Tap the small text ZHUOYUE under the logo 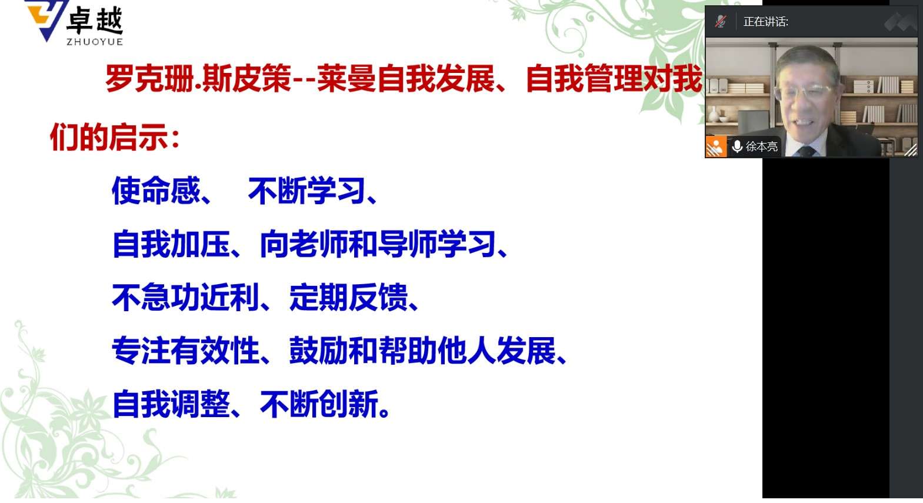(95, 42)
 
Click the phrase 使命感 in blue (156, 191)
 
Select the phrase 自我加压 (171, 244)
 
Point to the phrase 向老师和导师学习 (378, 244)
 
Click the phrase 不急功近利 (186, 297)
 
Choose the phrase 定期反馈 (349, 297)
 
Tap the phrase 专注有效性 (186, 350)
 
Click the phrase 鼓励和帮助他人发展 (423, 350)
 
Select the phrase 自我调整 (171, 404)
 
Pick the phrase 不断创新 (319, 404)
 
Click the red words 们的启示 (109, 136)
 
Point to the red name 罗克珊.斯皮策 (198, 78)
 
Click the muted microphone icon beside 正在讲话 (720, 21)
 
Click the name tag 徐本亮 (761, 146)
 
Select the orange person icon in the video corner (716, 146)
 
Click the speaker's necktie (806, 151)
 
